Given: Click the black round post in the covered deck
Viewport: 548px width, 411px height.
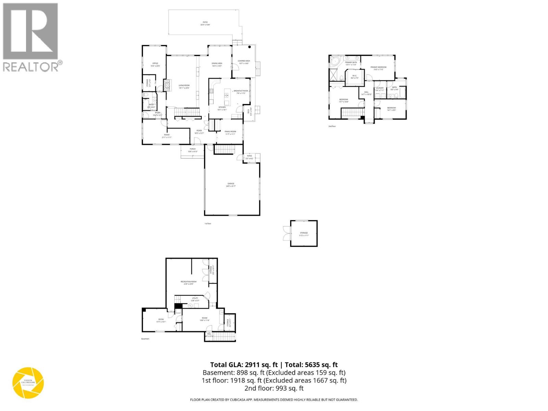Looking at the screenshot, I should pos(250,47).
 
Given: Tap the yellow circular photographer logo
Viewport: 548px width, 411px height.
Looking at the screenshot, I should pos(28,383).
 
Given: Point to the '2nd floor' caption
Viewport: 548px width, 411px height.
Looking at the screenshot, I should pos(332,126).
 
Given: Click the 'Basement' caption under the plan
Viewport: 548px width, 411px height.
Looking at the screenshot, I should pos(145,339).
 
